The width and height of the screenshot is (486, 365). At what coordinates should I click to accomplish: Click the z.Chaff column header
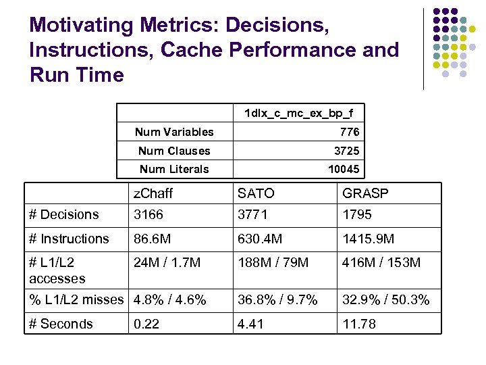click(153, 194)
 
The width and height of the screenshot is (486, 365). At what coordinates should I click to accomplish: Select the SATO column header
click(256, 194)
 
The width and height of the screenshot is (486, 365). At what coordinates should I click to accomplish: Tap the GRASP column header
click(365, 194)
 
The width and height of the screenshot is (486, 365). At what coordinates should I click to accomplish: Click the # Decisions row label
click(64, 215)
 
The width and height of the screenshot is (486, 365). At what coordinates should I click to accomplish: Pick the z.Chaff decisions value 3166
click(149, 215)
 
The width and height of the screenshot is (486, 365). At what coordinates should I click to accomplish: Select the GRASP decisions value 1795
click(357, 215)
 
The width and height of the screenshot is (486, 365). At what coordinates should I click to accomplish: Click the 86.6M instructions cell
click(152, 239)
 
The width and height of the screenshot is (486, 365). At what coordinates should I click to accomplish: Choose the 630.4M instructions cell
click(260, 239)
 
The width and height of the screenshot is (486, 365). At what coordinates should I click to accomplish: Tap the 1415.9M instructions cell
click(368, 239)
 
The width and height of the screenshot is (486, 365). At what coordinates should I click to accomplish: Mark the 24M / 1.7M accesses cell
click(167, 262)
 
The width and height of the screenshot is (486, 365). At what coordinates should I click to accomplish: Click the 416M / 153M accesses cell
click(381, 262)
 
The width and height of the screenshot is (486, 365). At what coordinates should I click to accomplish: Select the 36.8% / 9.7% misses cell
click(277, 300)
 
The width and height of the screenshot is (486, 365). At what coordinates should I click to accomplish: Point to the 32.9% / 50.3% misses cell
click(385, 300)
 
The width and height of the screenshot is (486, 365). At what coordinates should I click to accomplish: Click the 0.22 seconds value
click(146, 324)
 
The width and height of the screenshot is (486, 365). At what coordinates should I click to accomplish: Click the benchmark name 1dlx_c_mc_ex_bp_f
click(298, 113)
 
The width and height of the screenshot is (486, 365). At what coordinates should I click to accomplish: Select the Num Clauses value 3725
click(347, 151)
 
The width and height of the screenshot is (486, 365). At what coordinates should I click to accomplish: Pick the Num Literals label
click(174, 169)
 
